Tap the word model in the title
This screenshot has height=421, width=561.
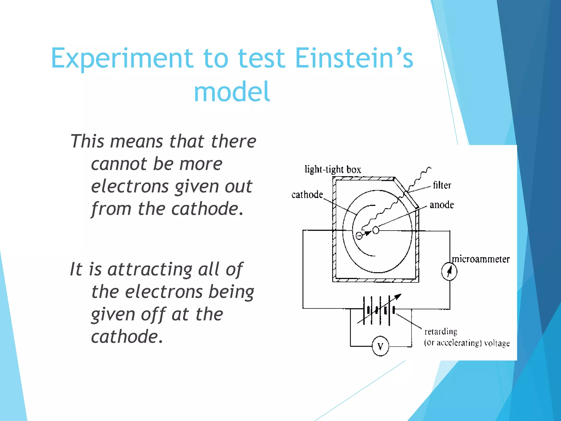coord(232,92)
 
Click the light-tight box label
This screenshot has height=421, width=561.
coord(333,170)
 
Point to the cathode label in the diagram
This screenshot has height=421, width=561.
coord(307,195)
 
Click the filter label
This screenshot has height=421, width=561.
coord(442,185)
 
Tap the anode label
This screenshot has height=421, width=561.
coord(442,205)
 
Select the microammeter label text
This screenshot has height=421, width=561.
coord(481,259)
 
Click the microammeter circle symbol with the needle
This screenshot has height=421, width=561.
coord(449,272)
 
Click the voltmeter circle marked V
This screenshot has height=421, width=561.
coord(380,347)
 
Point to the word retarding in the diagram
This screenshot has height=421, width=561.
coord(441,332)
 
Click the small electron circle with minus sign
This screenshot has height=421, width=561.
coord(359,235)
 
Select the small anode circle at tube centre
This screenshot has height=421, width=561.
coord(376,230)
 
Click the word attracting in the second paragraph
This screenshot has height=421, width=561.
coord(150,269)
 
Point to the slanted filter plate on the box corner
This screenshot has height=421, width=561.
coord(407,193)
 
